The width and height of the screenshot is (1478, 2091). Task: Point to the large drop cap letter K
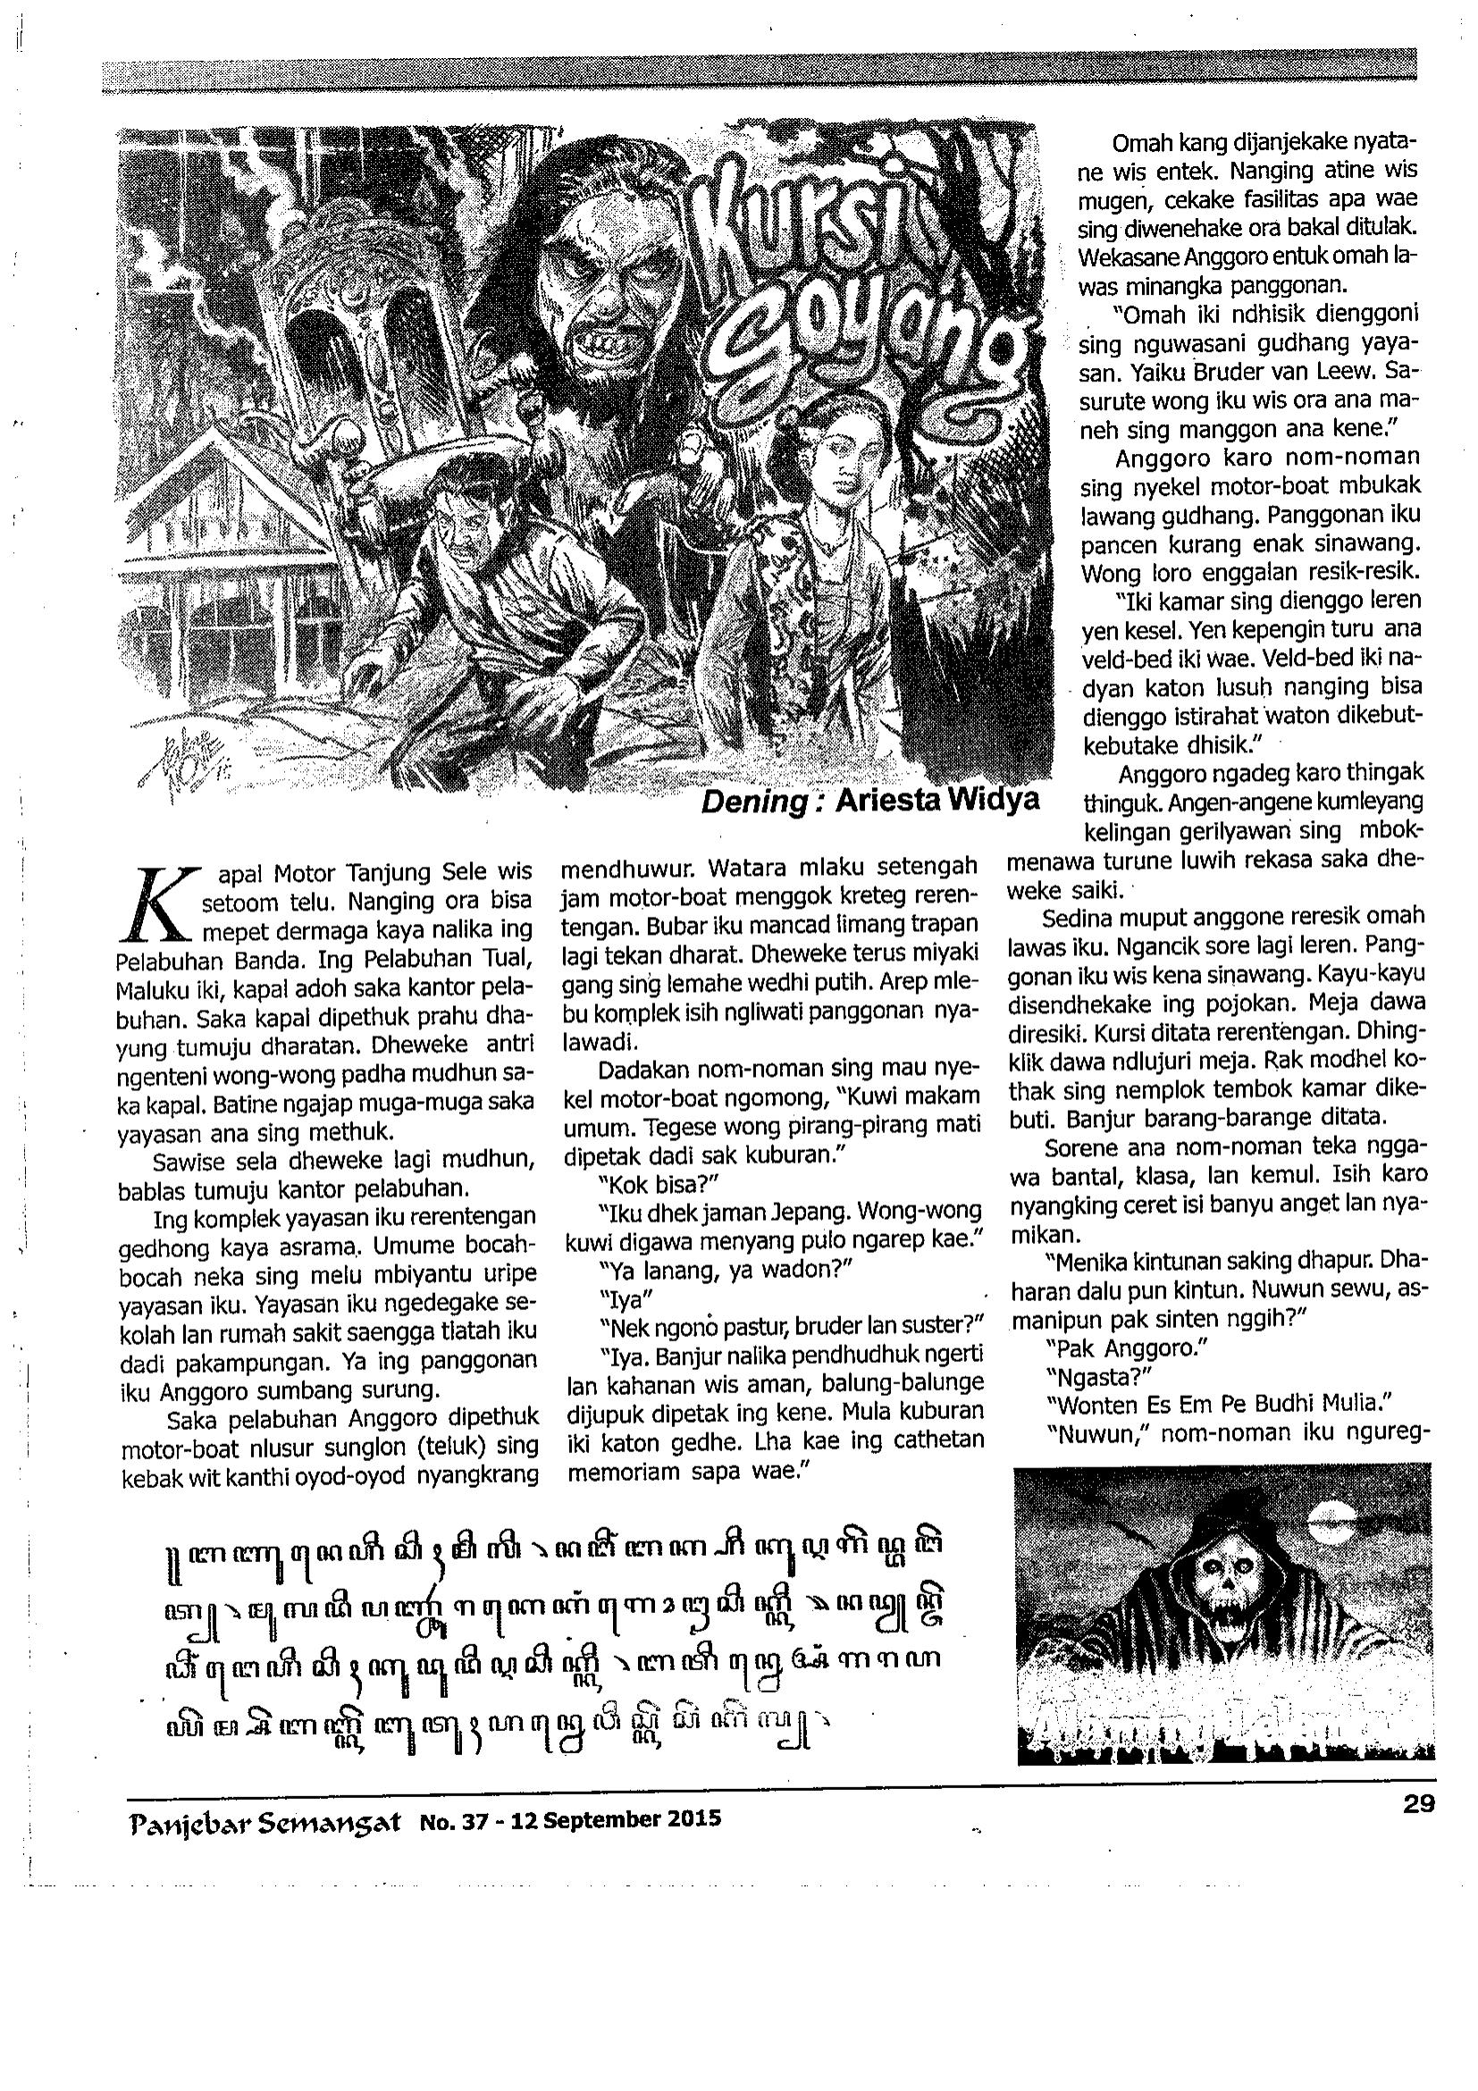click(159, 901)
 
